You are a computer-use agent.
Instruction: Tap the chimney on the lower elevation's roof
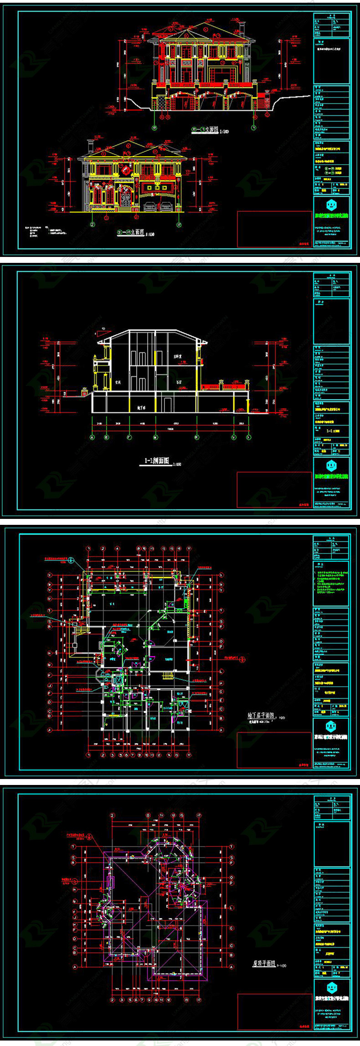[90, 147]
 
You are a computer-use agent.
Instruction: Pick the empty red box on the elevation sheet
[274, 229]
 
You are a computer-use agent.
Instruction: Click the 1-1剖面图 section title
[156, 461]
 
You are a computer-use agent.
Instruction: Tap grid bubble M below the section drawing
[155, 437]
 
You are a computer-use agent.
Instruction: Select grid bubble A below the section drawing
[93, 437]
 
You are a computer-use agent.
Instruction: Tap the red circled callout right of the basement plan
[242, 658]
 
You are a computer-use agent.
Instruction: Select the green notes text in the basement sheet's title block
[331, 581]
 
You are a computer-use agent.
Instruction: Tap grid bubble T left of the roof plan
[74, 846]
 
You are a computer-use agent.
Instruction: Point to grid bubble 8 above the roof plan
[148, 815]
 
